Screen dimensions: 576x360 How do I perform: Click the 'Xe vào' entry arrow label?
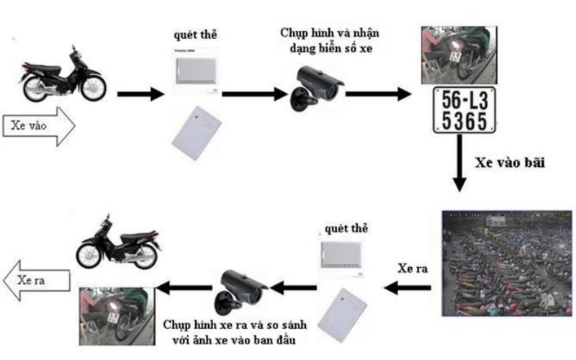[x=29, y=125]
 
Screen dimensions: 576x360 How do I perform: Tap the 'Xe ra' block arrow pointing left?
[x=37, y=281]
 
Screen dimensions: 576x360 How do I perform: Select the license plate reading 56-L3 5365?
[x=464, y=110]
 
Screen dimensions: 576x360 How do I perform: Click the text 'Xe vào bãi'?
[x=510, y=163]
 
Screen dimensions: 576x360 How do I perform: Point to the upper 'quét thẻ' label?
[x=195, y=35]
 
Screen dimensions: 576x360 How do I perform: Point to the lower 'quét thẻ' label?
[x=346, y=228]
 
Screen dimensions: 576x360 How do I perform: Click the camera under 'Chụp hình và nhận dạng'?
[x=317, y=88]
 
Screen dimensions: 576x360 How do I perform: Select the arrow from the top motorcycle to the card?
[x=140, y=94]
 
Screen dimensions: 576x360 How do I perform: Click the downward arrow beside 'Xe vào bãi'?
[x=459, y=163]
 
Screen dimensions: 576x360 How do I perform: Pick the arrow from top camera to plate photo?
[x=379, y=94]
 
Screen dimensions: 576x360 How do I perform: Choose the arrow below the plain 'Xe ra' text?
[x=408, y=287]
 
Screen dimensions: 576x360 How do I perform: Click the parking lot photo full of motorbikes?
[x=507, y=264]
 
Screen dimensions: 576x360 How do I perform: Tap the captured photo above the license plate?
[x=459, y=55]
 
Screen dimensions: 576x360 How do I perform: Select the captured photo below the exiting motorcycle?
[x=117, y=316]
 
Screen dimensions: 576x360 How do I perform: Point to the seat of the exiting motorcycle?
[x=136, y=238]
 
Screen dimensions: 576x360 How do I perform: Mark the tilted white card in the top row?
[x=196, y=133]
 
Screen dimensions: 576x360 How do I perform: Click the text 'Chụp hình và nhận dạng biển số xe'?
[x=330, y=40]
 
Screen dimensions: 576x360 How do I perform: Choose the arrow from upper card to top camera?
[x=255, y=94]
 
